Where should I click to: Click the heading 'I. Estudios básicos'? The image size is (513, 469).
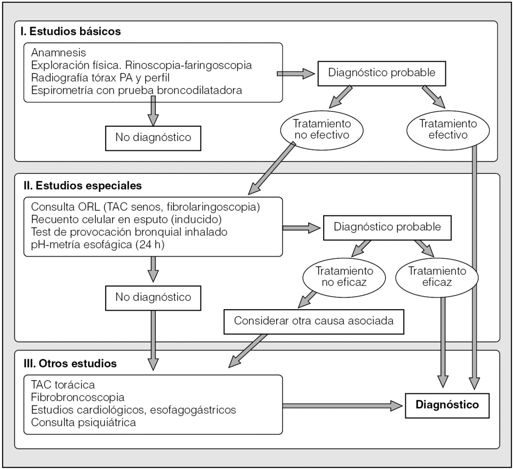71,31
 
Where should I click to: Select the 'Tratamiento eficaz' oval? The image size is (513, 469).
437,277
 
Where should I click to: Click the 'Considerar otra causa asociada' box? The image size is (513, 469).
314,320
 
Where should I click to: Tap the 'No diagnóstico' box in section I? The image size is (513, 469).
153,137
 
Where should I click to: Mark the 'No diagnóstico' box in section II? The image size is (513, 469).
153,297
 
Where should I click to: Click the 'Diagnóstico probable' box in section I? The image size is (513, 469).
382,72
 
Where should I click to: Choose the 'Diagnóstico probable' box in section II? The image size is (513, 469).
387,226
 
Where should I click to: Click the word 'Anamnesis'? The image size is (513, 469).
59,53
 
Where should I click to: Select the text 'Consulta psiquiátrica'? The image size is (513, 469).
84,422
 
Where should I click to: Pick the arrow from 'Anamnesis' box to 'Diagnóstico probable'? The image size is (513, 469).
296,74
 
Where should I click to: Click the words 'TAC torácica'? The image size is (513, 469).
63,385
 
